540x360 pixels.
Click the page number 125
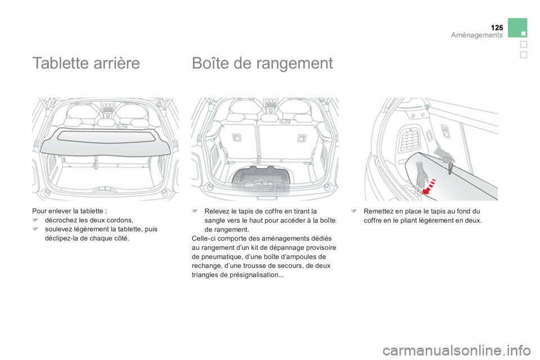pos(497,28)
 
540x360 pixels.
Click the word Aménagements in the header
pos(476,35)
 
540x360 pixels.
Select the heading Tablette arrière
pos(86,63)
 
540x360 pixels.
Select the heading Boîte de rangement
pos(263,63)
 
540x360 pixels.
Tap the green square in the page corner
pos(517,28)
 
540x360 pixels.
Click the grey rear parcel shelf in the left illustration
pos(105,141)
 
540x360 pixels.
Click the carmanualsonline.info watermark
pos(456,351)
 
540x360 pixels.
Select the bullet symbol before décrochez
pos(34,220)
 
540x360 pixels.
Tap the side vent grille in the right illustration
pos(409,139)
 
